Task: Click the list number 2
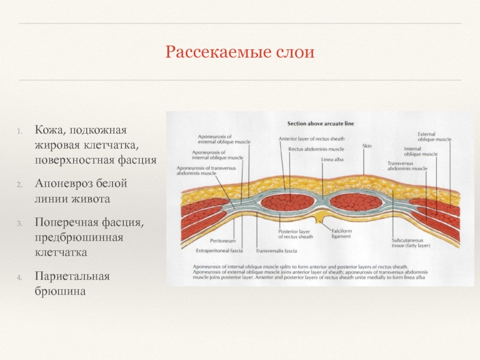click(19, 184)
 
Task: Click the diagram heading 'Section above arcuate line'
click(320, 124)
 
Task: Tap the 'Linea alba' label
click(331, 159)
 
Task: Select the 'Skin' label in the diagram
click(367, 146)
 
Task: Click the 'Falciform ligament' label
click(343, 233)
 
